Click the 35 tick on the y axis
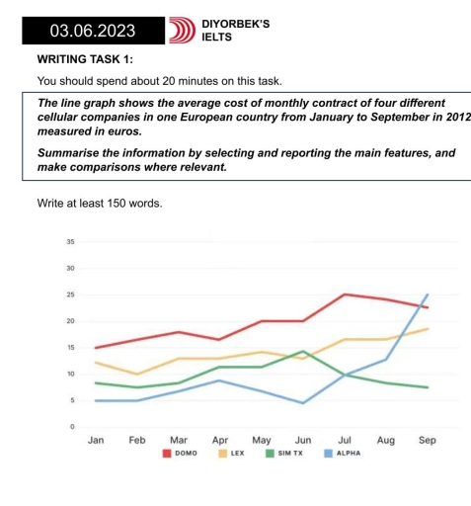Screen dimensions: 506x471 click(70, 241)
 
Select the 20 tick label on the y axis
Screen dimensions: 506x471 click(70, 321)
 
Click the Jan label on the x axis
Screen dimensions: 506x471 click(96, 443)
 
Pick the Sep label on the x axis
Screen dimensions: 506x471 click(427, 443)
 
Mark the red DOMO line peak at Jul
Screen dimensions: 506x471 click(345, 294)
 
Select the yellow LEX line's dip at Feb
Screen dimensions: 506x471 click(137, 375)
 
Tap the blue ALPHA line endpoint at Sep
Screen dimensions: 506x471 click(427, 295)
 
